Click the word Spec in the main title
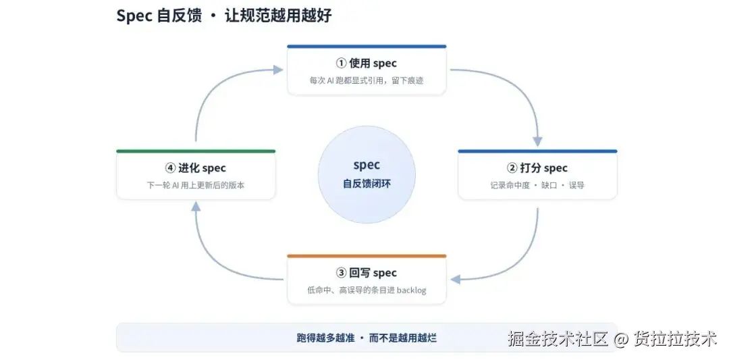tap(134, 16)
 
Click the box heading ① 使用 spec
tap(367, 63)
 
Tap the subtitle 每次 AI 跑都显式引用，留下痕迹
tap(367, 80)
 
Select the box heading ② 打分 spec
tap(537, 168)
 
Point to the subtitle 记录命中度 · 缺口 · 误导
tap(537, 185)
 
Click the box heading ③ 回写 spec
tap(367, 273)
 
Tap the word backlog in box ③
tap(411, 290)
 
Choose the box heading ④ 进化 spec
tap(195, 168)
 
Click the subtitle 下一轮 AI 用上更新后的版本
tap(195, 185)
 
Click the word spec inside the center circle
tap(367, 165)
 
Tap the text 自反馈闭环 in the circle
tap(367, 184)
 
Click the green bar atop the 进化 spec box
tap(195, 151)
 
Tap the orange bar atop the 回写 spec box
tap(367, 256)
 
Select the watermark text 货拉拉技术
tap(675, 339)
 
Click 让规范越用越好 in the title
tap(278, 16)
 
